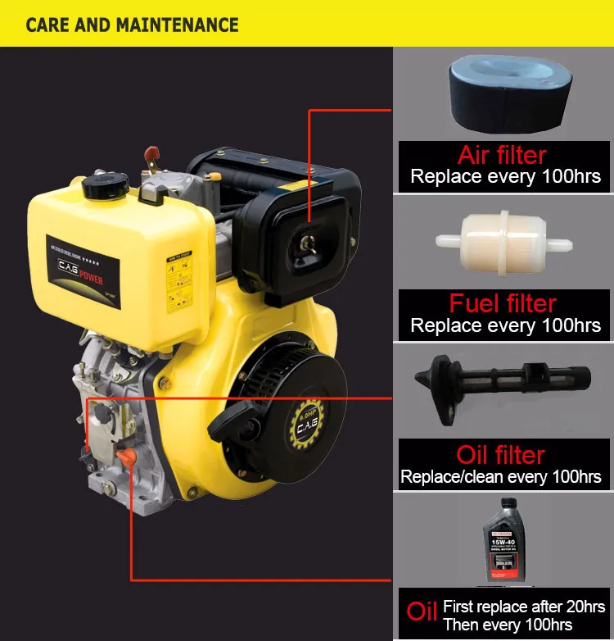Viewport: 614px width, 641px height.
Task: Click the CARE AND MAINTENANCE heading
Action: pyautogui.click(x=132, y=24)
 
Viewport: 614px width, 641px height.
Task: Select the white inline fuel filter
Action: pyautogui.click(x=502, y=241)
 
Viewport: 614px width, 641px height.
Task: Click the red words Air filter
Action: pyautogui.click(x=502, y=155)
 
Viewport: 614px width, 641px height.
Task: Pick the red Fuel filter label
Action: pyautogui.click(x=503, y=304)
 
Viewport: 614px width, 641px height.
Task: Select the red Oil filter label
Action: pyautogui.click(x=500, y=455)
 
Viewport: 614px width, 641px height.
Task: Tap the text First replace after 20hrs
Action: pyautogui.click(x=524, y=607)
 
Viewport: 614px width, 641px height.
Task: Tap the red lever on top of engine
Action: pyautogui.click(x=151, y=155)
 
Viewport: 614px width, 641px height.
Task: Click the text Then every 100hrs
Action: pyautogui.click(x=508, y=625)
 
